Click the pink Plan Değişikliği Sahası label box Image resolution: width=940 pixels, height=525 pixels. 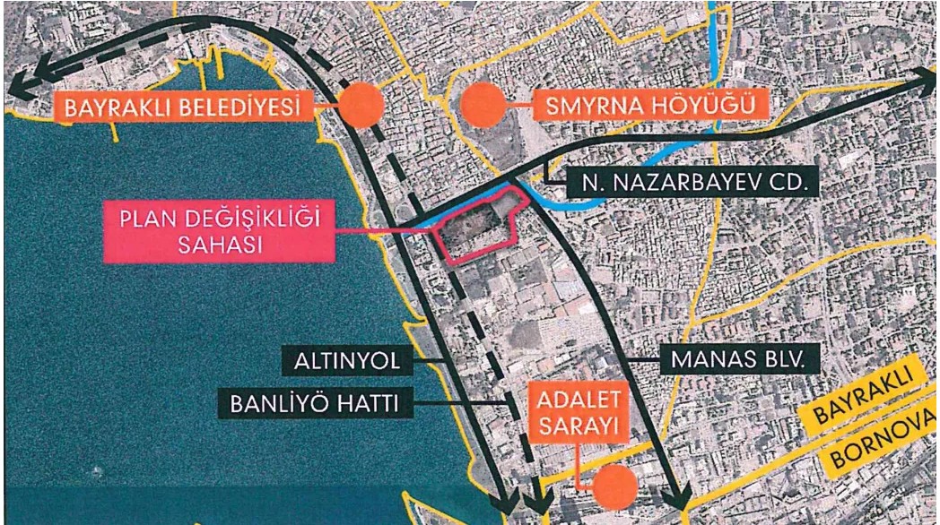point(218,230)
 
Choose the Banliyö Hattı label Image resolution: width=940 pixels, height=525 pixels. point(315,403)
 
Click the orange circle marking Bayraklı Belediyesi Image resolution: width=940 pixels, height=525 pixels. point(361,106)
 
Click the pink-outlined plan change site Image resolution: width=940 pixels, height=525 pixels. point(475,228)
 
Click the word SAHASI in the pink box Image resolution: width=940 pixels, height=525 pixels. point(218,245)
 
